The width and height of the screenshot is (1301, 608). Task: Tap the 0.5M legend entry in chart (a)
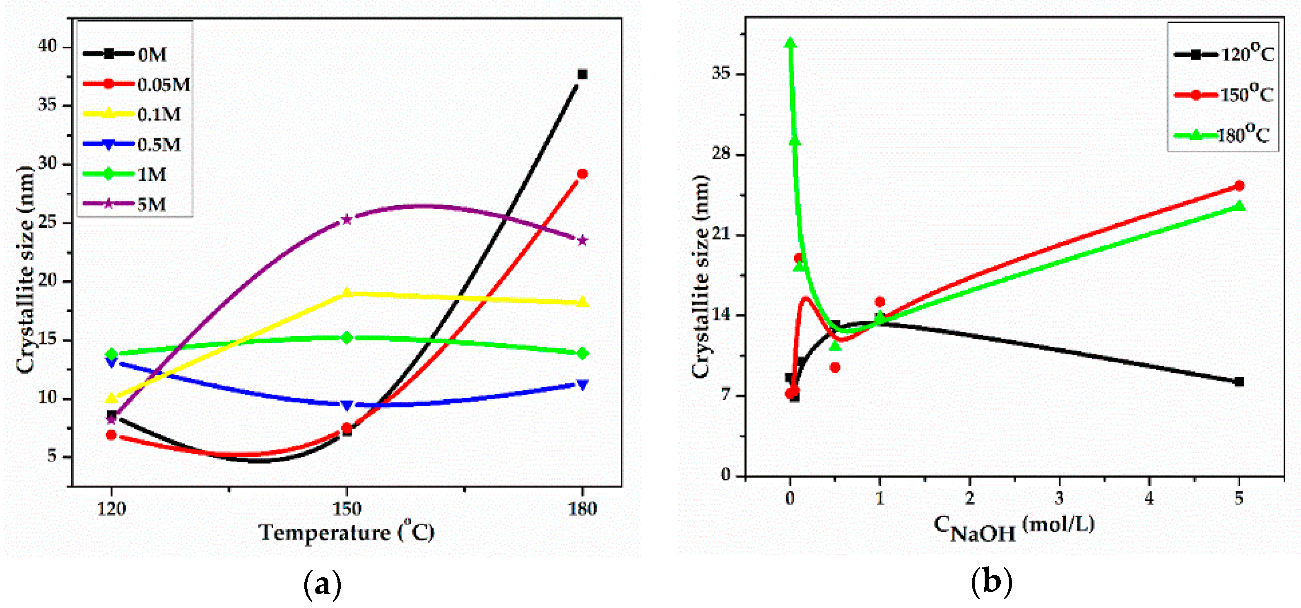tap(134, 145)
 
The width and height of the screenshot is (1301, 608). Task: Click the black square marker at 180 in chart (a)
tap(582, 74)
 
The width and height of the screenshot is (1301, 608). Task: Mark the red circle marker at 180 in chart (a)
tap(582, 174)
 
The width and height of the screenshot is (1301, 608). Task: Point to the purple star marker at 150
tap(347, 219)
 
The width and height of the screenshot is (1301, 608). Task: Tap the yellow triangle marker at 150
tap(347, 293)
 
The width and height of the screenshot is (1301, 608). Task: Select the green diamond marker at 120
tap(112, 355)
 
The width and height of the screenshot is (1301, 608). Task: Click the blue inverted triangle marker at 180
tap(582, 385)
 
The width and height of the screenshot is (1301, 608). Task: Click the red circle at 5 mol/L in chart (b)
tap(1239, 186)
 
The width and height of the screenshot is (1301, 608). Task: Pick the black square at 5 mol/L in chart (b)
tap(1239, 382)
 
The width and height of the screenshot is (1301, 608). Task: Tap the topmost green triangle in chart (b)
tap(790, 43)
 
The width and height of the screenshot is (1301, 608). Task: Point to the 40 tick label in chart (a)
tap(48, 46)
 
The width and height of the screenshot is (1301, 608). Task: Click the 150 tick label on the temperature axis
tap(347, 509)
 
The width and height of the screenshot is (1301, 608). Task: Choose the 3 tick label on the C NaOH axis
tap(1059, 498)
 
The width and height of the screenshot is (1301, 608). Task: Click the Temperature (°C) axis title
tap(347, 533)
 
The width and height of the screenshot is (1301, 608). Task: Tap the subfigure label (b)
tap(991, 582)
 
